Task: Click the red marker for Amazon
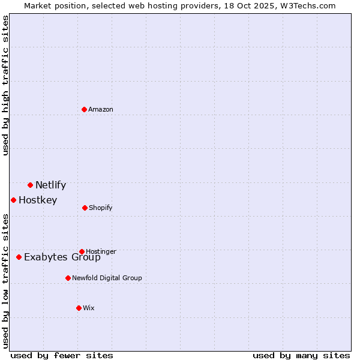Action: tap(84, 109)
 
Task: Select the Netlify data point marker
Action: tap(30, 185)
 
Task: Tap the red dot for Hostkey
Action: tap(13, 200)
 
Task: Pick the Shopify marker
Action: tap(85, 208)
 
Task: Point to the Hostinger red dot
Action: tap(82, 251)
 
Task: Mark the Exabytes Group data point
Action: tap(19, 257)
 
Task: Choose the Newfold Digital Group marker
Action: tap(68, 278)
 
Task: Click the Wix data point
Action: tap(79, 308)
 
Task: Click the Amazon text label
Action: tap(101, 109)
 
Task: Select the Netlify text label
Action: tap(50, 185)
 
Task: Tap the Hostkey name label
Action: tap(38, 200)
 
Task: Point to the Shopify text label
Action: tap(101, 208)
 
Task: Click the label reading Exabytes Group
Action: tap(62, 257)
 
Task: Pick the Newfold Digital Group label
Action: tap(107, 278)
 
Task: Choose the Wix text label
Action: tap(89, 308)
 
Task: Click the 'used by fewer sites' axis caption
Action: tap(62, 355)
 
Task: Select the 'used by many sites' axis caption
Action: tap(301, 355)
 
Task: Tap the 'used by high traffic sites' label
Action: tap(5, 85)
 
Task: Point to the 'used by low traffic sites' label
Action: tap(5, 281)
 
